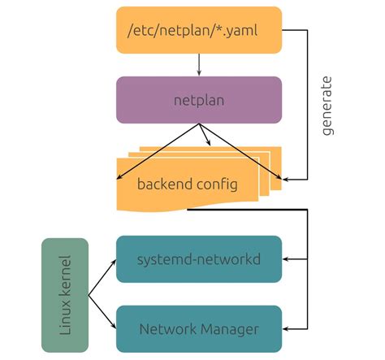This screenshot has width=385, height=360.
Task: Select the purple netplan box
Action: coord(199,100)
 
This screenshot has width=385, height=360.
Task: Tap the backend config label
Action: coord(188,184)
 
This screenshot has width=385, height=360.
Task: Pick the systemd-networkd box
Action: coord(199,259)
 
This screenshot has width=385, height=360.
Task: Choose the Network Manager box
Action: coord(199,329)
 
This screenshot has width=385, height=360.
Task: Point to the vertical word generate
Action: coord(327,106)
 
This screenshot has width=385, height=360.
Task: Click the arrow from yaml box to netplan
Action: coord(199,64)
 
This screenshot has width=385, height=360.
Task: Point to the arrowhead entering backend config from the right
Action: coord(286,177)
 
